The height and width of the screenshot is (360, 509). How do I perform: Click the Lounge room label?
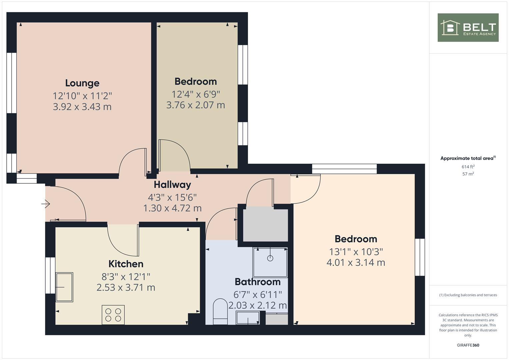[82, 83]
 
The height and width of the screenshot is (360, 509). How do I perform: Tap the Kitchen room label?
[126, 264]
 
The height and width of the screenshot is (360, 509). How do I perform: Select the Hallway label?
[172, 185]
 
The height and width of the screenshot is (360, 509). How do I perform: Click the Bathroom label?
[258, 282]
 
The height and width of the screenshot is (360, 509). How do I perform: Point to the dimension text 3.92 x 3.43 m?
[82, 107]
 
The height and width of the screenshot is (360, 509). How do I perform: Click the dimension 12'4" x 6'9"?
[196, 94]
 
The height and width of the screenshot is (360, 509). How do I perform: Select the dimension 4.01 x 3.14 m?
[356, 263]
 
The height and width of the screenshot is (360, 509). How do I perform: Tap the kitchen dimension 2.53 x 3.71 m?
[126, 288]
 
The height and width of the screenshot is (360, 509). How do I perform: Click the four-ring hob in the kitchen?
[113, 315]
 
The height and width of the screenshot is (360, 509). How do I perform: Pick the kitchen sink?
[64, 287]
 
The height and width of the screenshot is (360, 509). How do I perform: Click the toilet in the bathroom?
[220, 312]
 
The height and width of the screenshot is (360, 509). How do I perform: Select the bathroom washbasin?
[248, 318]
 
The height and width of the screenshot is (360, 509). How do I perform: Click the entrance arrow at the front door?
[46, 203]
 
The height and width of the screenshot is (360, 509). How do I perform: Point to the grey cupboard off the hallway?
[265, 224]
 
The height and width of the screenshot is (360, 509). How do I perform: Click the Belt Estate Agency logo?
[468, 28]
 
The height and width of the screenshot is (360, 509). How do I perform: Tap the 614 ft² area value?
[468, 167]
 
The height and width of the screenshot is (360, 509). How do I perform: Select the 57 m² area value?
[468, 174]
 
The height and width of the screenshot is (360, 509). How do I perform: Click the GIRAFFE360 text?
[468, 345]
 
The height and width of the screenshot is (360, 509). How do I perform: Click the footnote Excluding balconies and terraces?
[468, 295]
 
